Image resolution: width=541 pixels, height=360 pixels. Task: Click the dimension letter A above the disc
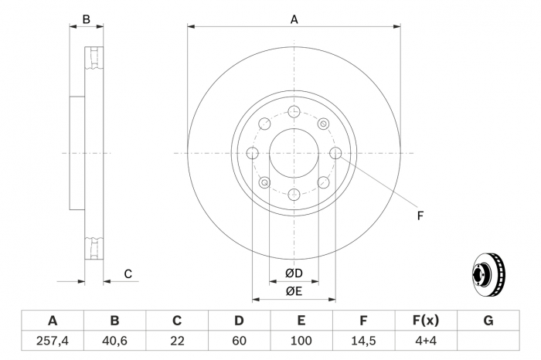coord(294,20)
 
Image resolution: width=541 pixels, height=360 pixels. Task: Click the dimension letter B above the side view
coord(87,19)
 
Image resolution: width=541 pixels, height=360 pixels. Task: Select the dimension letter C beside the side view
coord(128,273)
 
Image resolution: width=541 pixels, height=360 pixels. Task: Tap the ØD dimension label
coord(293,273)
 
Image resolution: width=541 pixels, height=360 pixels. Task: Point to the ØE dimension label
coord(293,290)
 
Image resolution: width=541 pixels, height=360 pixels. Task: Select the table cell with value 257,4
coord(52,341)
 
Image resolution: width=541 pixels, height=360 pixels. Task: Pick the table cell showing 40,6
coord(114,341)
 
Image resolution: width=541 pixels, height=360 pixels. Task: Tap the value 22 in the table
coord(177,341)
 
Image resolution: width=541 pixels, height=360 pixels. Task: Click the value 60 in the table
coord(239,341)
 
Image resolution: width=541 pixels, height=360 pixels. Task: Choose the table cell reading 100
coord(301,341)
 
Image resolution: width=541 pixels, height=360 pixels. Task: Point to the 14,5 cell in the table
coord(363,341)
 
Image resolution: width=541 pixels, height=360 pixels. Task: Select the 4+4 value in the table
coord(426,341)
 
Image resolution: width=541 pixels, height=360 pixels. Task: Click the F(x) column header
coord(426,321)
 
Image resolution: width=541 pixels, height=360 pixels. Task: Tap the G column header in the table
coord(488,321)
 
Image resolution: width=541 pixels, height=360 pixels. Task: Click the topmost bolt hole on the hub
coord(294,112)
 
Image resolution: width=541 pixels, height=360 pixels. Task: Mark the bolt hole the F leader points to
coord(335,154)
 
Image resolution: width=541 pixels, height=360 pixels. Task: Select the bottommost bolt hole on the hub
coord(294,195)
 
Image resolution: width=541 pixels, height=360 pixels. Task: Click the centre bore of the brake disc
coord(294,154)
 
